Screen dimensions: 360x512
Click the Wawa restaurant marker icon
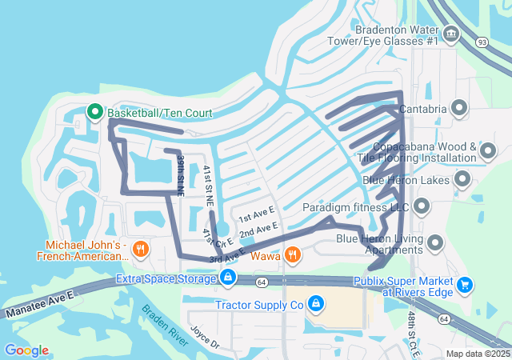294,255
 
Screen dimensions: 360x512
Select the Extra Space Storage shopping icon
228,278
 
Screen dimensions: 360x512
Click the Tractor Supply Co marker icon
316,304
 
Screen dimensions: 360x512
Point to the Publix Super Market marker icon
465,284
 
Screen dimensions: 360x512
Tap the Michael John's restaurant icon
140,249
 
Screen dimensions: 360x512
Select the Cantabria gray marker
459,107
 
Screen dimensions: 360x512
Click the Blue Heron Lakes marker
462,180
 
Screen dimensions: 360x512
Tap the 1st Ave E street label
256,216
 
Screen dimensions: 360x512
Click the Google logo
26,350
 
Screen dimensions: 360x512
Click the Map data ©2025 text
478,354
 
